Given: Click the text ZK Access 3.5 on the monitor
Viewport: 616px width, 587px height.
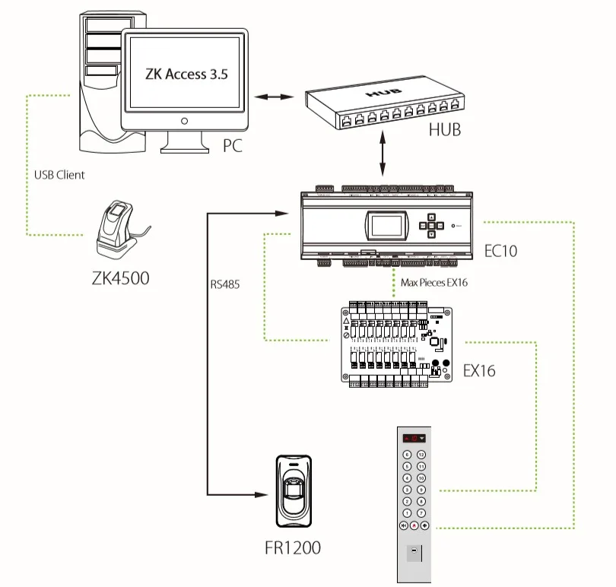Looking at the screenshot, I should click(186, 74).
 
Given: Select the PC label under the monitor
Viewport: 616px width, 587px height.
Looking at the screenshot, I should click(232, 144).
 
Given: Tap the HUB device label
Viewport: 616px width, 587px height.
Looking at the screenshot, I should click(444, 129).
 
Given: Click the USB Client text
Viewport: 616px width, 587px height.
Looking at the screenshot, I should click(59, 174).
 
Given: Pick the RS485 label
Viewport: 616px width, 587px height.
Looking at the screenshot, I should click(224, 287).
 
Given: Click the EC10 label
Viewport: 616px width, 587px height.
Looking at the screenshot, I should click(500, 249).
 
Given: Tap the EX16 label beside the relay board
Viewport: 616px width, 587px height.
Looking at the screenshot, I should click(479, 371).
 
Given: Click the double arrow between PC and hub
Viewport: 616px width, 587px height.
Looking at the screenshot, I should click(274, 97).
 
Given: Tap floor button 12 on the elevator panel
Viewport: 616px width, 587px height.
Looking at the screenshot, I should click(421, 454).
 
